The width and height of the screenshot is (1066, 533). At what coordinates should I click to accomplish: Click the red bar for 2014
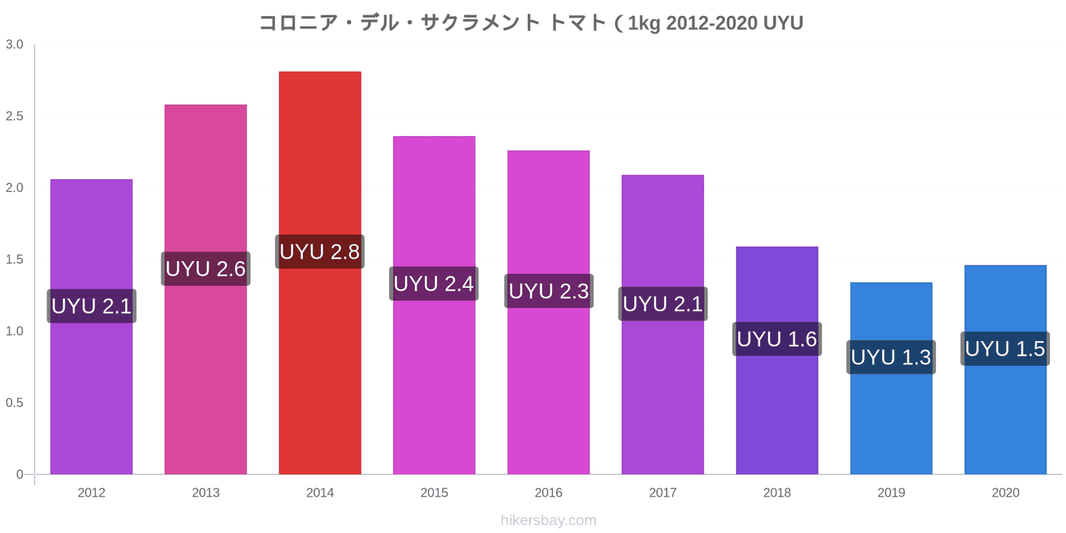pos(320,272)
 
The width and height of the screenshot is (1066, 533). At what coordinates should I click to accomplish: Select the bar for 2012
pos(91,326)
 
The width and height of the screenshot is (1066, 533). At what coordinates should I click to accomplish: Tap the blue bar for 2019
pos(891,378)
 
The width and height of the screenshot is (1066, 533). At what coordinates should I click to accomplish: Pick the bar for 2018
pos(777,360)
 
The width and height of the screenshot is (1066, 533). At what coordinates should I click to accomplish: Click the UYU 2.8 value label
pos(320,252)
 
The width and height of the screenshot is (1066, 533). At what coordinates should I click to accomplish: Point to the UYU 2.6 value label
pos(206,269)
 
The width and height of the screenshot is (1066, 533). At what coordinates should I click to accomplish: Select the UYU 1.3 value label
pos(891,357)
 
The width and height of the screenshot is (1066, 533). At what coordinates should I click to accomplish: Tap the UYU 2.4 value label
pos(434,284)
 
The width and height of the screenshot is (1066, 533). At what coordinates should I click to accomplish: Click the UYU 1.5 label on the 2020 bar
pos(1005,349)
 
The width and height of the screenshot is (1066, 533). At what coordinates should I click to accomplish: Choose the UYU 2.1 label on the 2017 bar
pos(663,304)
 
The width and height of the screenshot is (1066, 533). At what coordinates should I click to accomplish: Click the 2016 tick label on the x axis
pos(548,492)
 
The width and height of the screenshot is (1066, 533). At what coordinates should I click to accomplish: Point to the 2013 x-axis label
pos(206,492)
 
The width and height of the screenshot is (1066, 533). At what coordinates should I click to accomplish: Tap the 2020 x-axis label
pos(1005,492)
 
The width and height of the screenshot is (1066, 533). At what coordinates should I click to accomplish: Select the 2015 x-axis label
pos(434,492)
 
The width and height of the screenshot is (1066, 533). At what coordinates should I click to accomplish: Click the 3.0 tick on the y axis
pos(14,44)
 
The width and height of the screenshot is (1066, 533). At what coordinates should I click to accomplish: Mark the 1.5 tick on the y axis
pos(14,259)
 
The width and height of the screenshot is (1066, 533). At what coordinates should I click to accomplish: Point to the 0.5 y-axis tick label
pos(14,402)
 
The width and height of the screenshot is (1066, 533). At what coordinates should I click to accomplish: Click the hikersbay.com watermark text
pos(548,520)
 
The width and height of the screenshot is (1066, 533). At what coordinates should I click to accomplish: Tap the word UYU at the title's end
pos(783,23)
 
